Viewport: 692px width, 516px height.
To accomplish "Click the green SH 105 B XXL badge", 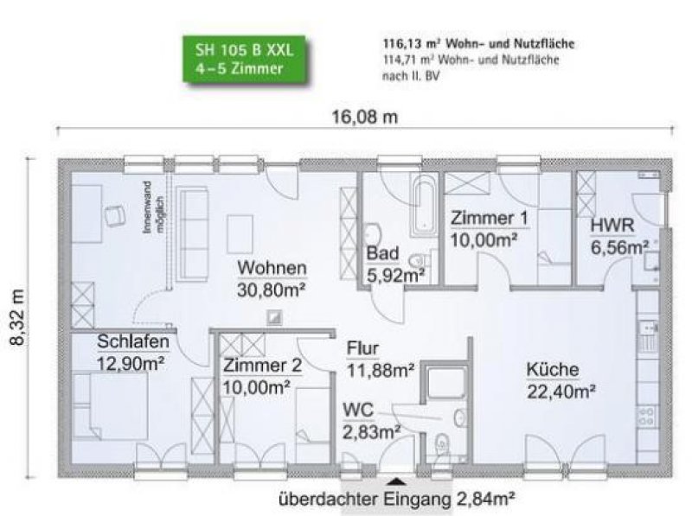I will (245, 60).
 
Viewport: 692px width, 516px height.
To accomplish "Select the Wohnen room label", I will (272, 266).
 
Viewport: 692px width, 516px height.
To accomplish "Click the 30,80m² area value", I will (272, 288).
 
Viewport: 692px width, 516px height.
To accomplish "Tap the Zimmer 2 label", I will (262, 366).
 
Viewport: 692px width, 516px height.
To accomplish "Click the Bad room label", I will (381, 255).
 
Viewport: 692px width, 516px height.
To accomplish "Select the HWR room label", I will (613, 226).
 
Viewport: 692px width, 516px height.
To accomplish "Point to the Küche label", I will (553, 370).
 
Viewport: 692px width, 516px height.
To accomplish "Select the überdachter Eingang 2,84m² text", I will (397, 499).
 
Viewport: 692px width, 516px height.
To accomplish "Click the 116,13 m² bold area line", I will (478, 42).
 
